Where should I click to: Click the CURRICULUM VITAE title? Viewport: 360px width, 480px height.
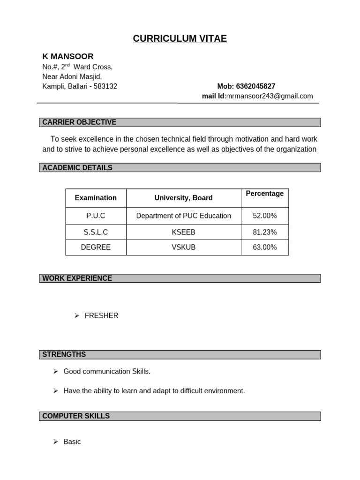click(x=180, y=39)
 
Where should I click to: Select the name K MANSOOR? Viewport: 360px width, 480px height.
click(x=68, y=57)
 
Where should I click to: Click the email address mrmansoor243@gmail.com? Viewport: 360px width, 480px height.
click(x=269, y=96)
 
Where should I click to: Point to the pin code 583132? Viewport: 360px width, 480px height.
click(x=106, y=86)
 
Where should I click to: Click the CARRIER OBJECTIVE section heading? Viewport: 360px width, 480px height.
click(x=79, y=122)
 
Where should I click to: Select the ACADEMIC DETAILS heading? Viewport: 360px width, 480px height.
click(x=77, y=168)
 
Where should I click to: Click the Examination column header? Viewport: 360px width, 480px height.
click(x=96, y=198)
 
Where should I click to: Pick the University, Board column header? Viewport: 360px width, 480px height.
click(x=183, y=198)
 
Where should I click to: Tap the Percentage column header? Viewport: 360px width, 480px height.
click(x=265, y=194)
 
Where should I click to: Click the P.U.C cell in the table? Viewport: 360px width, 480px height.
click(x=96, y=216)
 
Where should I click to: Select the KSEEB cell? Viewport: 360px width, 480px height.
click(x=183, y=232)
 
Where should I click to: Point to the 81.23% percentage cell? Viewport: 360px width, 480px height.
click(x=265, y=232)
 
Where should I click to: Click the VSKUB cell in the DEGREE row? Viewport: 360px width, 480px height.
click(x=183, y=247)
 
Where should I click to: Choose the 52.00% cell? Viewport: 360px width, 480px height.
click(x=265, y=216)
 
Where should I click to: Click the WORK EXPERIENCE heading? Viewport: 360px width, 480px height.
click(x=77, y=278)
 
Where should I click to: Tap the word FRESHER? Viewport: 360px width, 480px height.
click(x=101, y=316)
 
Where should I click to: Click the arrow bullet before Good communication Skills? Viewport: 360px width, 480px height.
click(x=55, y=372)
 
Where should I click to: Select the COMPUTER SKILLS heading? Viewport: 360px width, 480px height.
click(x=76, y=416)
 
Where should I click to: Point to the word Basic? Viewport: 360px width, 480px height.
click(x=72, y=442)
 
